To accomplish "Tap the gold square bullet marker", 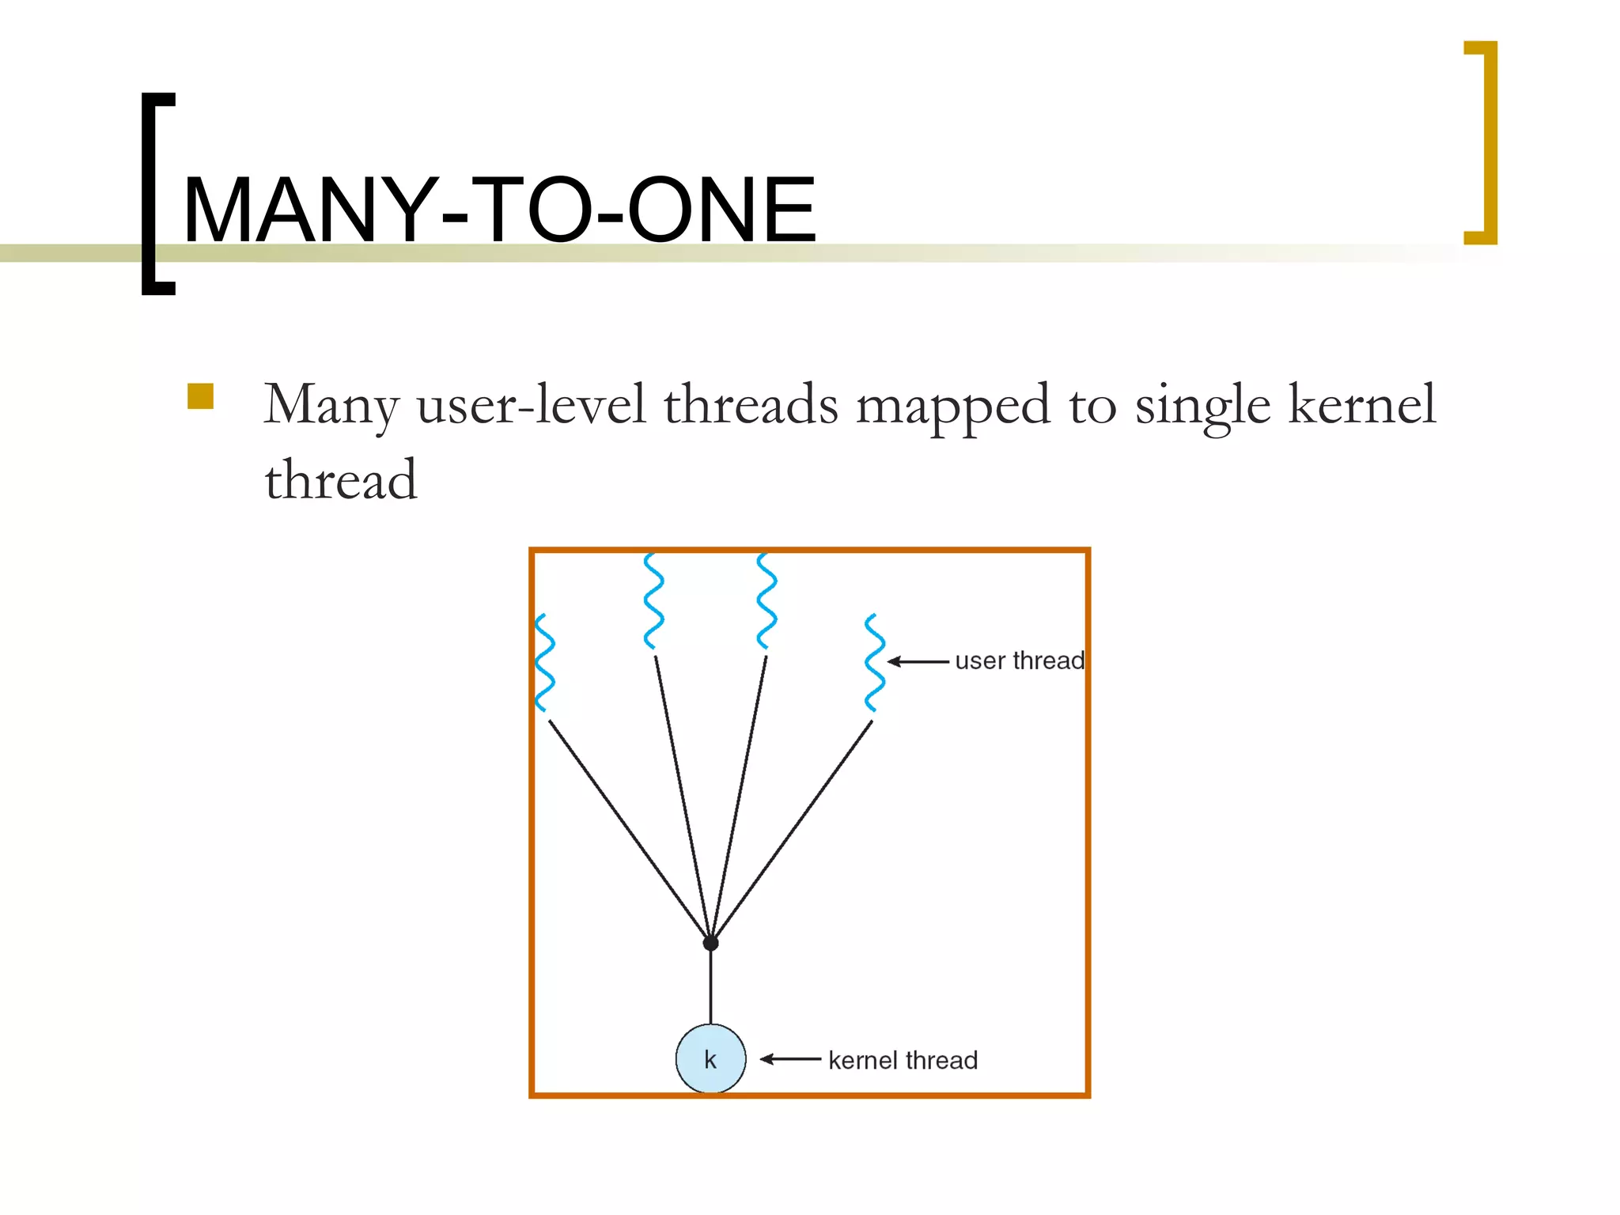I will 201,396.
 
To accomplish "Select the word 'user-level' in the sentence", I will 532,404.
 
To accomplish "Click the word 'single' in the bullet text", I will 1202,406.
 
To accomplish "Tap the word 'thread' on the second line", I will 340,480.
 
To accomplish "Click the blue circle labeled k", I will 710,1059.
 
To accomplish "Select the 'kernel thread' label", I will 903,1060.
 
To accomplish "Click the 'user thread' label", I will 1019,660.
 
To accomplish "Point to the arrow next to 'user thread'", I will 918,661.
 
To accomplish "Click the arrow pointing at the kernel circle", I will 790,1059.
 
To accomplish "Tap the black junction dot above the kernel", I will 710,943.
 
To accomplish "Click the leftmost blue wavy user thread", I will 544,663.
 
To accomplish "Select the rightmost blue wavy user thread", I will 874,663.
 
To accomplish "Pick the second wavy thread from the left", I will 653,601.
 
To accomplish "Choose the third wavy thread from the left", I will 766,601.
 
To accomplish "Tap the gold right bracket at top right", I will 1489,142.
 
